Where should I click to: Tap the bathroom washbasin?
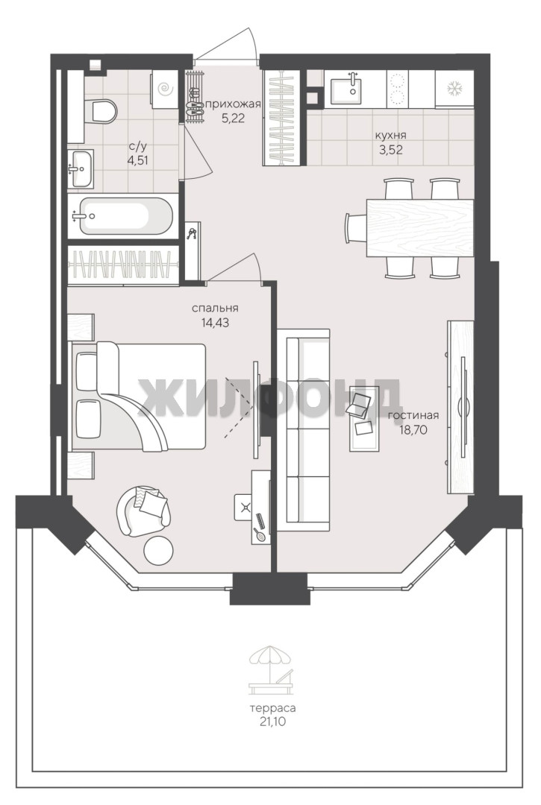[81, 168]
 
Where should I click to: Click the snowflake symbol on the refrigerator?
[454, 88]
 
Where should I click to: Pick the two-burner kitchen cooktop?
[396, 89]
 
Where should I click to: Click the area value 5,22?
[234, 118]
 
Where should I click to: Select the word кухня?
[391, 136]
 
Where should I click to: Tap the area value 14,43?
[215, 323]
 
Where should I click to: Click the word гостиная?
[413, 416]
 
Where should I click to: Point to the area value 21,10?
[272, 722]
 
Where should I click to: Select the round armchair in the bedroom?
[143, 511]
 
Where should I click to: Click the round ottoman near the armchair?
[158, 550]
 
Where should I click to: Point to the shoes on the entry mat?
[194, 98]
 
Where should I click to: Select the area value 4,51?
[138, 160]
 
